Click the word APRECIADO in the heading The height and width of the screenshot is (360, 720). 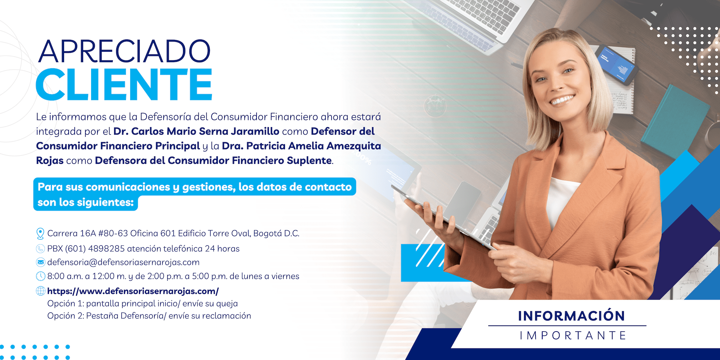click(x=124, y=51)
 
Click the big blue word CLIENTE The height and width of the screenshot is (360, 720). click(x=124, y=84)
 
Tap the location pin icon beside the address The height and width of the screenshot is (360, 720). click(x=40, y=234)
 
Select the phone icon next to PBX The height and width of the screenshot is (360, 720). click(x=40, y=249)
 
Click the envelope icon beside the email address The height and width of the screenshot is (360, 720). click(x=40, y=262)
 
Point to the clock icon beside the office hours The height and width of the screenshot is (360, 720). click(x=40, y=276)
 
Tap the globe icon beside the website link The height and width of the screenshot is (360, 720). click(x=40, y=291)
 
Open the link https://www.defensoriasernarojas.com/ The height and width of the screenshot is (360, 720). click(x=133, y=291)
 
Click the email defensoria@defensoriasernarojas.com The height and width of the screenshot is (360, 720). click(x=123, y=262)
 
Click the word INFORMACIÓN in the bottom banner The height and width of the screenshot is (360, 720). click(x=571, y=316)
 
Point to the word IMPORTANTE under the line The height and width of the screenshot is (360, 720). click(x=573, y=335)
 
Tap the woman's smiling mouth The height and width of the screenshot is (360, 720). click(x=562, y=100)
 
